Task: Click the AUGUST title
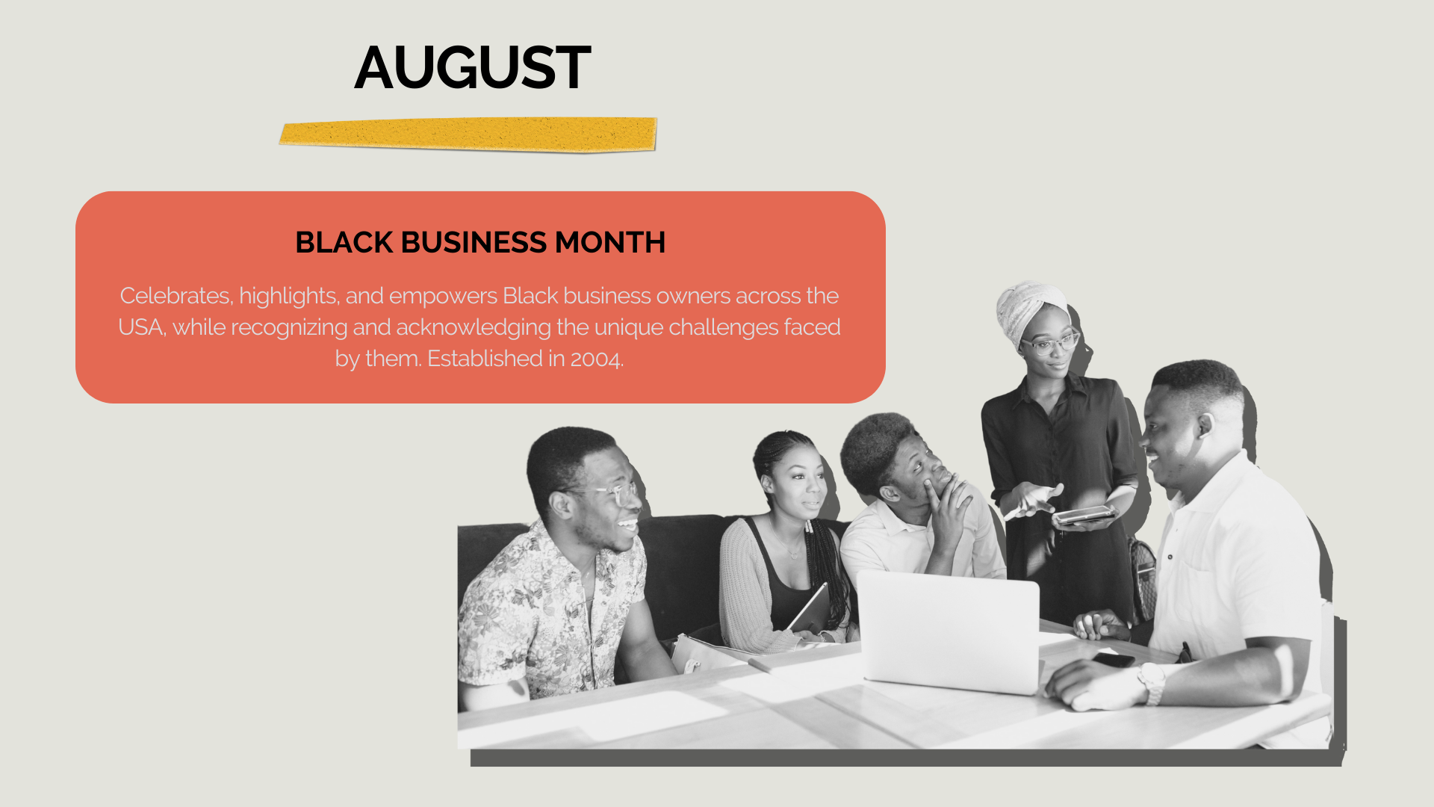point(473,67)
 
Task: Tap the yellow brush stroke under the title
point(468,134)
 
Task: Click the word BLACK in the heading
point(344,242)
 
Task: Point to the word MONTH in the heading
point(610,242)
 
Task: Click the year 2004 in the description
point(596,359)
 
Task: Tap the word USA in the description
point(141,327)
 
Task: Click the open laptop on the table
point(948,631)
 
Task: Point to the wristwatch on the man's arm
point(1152,683)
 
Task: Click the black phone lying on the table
point(1114,660)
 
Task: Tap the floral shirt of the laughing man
point(549,609)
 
